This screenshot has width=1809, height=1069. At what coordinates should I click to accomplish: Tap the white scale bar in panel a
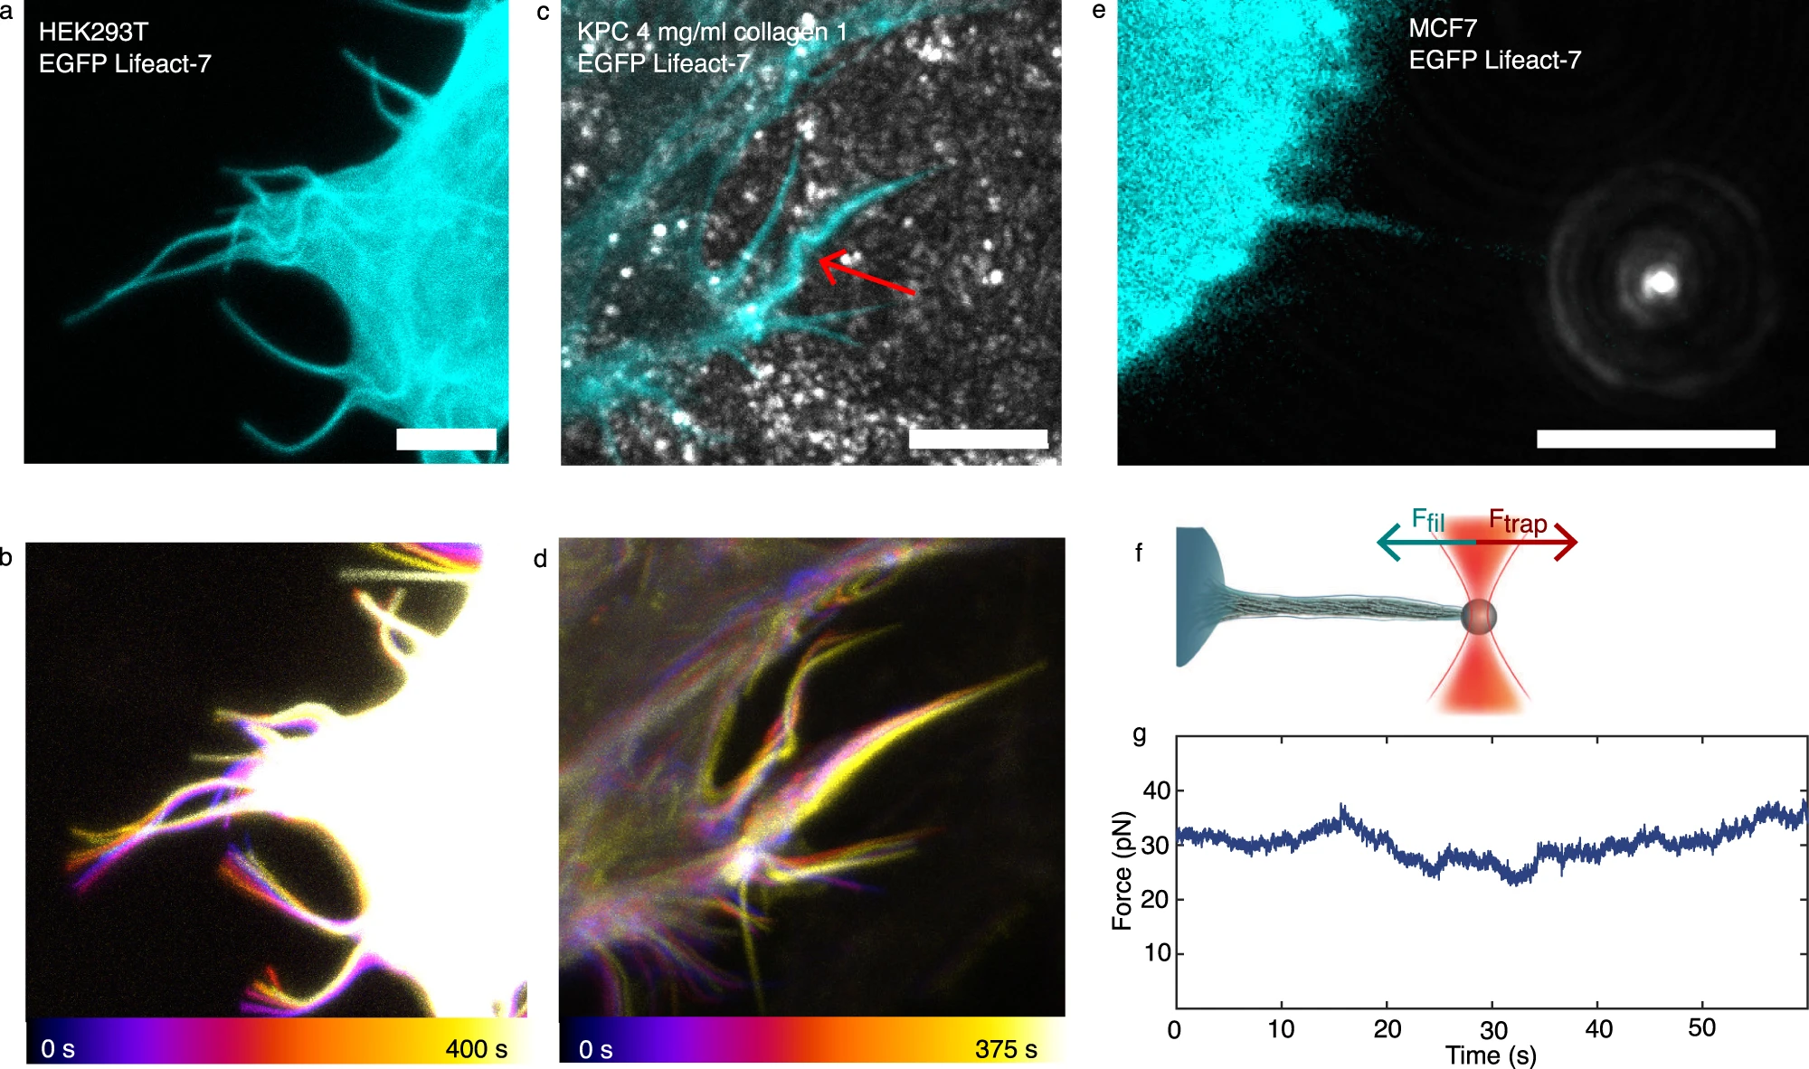point(446,440)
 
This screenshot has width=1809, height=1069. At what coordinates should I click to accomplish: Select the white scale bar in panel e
point(1655,440)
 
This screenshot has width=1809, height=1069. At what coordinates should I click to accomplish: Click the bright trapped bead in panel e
point(1661,283)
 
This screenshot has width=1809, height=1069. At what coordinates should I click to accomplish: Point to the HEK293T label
point(93,33)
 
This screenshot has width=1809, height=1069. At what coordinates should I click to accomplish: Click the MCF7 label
point(1442,29)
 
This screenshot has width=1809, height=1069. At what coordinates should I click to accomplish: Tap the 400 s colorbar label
point(476,1049)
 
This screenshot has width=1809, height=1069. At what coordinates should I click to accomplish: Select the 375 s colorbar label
point(1006,1049)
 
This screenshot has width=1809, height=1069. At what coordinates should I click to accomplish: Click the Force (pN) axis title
point(1122,870)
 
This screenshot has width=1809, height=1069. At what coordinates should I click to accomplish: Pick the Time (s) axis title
point(1491,1055)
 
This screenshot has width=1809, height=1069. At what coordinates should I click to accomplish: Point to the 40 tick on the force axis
point(1157,791)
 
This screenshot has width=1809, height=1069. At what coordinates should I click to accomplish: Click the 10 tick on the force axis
point(1157,953)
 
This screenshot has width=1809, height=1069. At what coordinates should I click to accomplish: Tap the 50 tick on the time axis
point(1701,1028)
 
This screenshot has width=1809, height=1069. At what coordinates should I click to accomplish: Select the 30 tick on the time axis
point(1493,1030)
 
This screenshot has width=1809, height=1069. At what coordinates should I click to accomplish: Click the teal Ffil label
point(1428,521)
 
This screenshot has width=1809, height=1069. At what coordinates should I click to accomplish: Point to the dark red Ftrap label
point(1518,522)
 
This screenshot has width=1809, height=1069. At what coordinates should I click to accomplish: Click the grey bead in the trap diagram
point(1479,617)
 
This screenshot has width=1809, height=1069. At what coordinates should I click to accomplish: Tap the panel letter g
point(1140,733)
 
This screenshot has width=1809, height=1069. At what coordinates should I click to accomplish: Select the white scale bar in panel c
point(978,440)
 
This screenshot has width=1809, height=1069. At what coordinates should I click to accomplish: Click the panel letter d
point(540,559)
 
